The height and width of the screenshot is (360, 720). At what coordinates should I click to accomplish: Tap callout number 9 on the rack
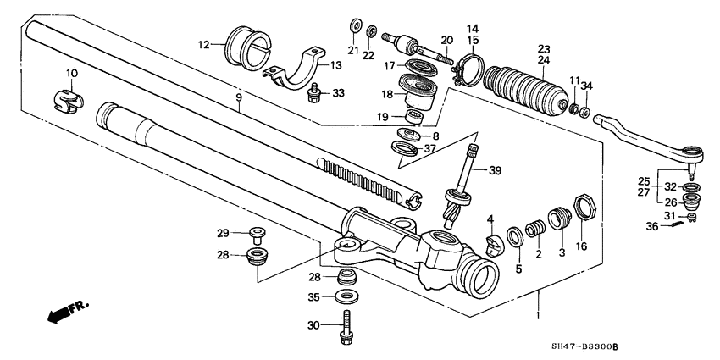pyautogui.click(x=239, y=98)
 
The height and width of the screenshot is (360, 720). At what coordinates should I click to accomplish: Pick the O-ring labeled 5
pyautogui.click(x=514, y=235)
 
